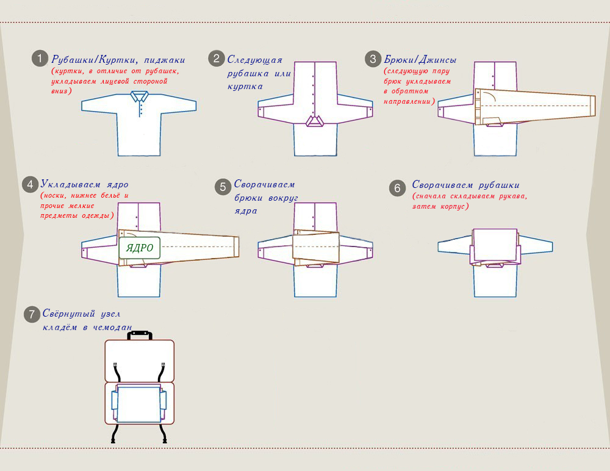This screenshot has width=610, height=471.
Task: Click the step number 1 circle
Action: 40,59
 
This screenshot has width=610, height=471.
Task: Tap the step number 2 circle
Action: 217,59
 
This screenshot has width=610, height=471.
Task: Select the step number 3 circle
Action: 373,59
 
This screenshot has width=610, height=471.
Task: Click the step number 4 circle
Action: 30,184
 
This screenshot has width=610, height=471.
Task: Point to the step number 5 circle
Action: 223,187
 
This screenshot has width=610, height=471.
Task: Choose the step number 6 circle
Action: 397,188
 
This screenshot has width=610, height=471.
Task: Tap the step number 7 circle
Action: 32,314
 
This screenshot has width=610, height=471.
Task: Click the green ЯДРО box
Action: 139,248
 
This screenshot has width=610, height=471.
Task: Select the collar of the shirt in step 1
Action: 139,96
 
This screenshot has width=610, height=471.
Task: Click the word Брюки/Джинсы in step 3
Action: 420,60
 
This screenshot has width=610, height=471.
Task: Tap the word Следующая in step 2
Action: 255,60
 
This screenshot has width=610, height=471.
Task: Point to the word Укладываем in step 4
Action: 70,184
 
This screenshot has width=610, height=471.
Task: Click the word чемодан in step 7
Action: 113,328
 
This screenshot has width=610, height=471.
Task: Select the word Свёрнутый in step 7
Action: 69,314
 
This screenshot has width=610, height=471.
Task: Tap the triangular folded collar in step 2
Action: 315,121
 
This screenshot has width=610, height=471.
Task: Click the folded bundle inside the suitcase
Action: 139,404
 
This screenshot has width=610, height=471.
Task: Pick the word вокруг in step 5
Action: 283,198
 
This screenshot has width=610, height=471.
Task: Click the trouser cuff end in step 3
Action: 593,106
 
